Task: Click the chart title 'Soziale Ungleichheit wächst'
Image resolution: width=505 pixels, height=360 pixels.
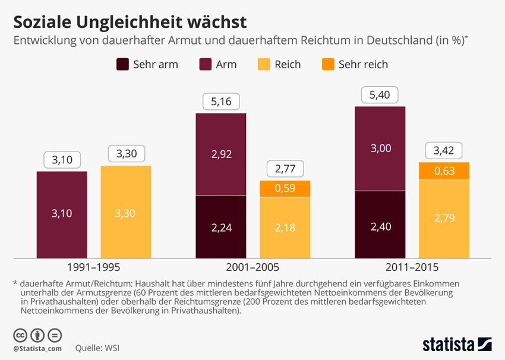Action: click(130, 22)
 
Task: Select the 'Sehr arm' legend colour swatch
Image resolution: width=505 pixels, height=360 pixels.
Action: click(123, 64)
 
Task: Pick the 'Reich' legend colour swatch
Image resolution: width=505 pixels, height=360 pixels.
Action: click(264, 64)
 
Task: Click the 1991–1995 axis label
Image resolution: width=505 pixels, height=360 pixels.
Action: click(94, 267)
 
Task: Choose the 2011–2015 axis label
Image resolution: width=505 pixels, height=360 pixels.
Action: click(412, 267)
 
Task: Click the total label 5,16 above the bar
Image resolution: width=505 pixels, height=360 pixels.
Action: click(221, 102)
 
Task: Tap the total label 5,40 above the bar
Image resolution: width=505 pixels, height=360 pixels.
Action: click(380, 95)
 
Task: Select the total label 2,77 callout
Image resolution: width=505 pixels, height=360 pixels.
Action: click(285, 170)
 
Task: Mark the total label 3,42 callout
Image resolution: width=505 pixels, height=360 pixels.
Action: click(444, 151)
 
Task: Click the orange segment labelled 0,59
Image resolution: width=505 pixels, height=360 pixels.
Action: click(285, 189)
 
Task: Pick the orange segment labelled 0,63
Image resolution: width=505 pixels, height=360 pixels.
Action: click(444, 171)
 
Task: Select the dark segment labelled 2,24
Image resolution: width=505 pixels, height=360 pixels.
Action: click(221, 227)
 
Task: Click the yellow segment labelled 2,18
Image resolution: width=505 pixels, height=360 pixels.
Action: click(285, 228)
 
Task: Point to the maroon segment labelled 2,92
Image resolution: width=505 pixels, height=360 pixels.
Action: click(221, 154)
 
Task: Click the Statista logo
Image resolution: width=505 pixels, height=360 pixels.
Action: click(457, 344)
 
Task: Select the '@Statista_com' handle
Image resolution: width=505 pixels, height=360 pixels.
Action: click(37, 348)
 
